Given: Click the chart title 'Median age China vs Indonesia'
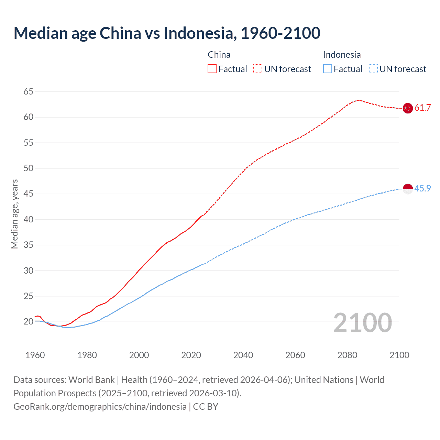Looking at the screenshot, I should (x=167, y=33).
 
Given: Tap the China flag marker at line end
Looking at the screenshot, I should (x=407, y=108).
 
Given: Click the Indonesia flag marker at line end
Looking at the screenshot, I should (x=407, y=189).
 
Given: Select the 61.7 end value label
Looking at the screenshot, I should (x=422, y=108).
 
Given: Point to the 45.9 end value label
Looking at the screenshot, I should (x=422, y=189).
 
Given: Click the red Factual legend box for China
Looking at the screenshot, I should (x=212, y=69).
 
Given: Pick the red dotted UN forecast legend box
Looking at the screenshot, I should (x=258, y=69).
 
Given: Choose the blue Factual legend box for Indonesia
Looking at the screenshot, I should (x=328, y=69).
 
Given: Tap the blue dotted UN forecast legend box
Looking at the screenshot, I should (x=373, y=69).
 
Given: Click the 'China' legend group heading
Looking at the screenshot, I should (x=219, y=55).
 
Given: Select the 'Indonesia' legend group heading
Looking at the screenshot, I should (x=342, y=55).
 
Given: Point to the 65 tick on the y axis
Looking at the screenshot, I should (x=29, y=91).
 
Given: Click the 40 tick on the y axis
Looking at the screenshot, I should (x=29, y=219).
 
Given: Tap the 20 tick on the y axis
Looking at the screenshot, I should (x=29, y=322).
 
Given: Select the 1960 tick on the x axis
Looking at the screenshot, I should (x=35, y=355).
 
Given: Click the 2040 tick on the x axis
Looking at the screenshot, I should (x=243, y=355).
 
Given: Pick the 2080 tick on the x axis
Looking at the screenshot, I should (x=347, y=355).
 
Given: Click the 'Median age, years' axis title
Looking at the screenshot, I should (x=14, y=214).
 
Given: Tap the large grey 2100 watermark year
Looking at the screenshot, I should (x=362, y=323).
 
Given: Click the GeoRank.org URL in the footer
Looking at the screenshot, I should (x=100, y=407).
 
